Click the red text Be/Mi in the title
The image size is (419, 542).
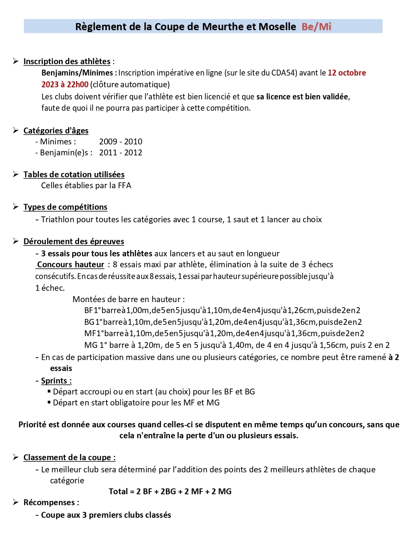tap(316, 27)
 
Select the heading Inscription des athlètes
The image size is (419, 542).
tap(67, 61)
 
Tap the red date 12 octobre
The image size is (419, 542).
tap(347, 73)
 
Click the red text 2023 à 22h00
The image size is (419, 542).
tap(65, 85)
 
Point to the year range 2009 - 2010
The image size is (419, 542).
tap(121, 142)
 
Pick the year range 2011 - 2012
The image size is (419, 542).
tap(121, 153)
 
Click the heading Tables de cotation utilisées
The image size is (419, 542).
tap(74, 175)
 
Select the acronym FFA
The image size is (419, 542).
tap(125, 185)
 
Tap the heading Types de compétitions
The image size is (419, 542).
tap(65, 207)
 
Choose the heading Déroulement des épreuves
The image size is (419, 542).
tap(74, 241)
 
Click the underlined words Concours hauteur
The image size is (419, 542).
tap(70, 265)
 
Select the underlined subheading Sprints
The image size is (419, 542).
tap(56, 381)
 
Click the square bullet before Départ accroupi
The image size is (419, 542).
tap(49, 391)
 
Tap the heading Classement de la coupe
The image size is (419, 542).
tap(69, 457)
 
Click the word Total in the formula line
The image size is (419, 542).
tap(118, 492)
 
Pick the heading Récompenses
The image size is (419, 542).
tap(51, 502)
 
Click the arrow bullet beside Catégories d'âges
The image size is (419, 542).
tap(16, 130)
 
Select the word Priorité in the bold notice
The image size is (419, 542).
tap(33, 425)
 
